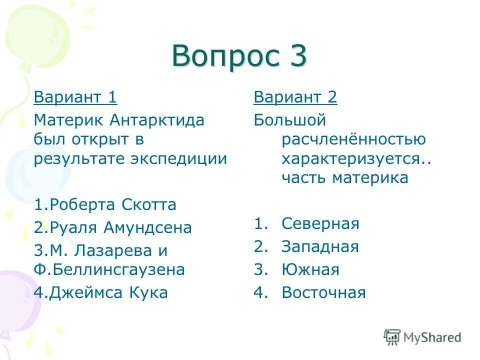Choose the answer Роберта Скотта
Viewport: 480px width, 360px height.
coord(105,204)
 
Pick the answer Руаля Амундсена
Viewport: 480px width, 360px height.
coord(113,227)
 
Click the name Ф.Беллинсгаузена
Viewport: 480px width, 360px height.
coord(109,270)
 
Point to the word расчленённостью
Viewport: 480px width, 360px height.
coord(353,139)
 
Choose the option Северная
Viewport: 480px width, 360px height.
coord(320,223)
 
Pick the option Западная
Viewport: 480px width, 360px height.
coord(320,246)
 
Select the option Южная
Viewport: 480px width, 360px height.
coord(310,270)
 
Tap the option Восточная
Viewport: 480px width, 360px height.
coord(323,292)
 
